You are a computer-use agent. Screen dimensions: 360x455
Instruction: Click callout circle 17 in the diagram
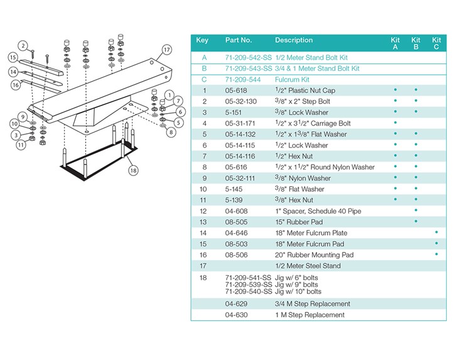tap(166, 50)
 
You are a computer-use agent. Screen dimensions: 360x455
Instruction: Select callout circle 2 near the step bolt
tap(23, 45)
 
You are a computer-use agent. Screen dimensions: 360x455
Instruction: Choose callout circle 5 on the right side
tap(178, 122)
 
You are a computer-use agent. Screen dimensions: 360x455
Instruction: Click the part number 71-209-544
tap(242, 80)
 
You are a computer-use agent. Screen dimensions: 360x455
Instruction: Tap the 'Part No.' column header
tap(238, 40)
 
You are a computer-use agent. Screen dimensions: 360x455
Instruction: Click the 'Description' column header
tap(294, 40)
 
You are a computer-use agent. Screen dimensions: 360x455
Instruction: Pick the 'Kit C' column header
tap(436, 43)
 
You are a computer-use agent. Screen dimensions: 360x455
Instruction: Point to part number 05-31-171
tap(241, 124)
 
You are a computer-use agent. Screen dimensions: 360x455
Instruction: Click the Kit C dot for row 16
tap(436, 254)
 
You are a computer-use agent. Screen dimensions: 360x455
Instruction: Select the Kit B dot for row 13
tap(415, 222)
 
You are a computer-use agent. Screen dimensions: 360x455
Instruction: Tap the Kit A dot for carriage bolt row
tap(395, 123)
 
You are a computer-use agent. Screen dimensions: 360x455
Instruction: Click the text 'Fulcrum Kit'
tap(292, 80)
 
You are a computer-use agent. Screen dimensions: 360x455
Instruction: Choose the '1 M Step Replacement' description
tap(309, 315)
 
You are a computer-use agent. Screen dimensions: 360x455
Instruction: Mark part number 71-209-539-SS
tap(249, 285)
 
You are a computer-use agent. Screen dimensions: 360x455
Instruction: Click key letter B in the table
tap(203, 68)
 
